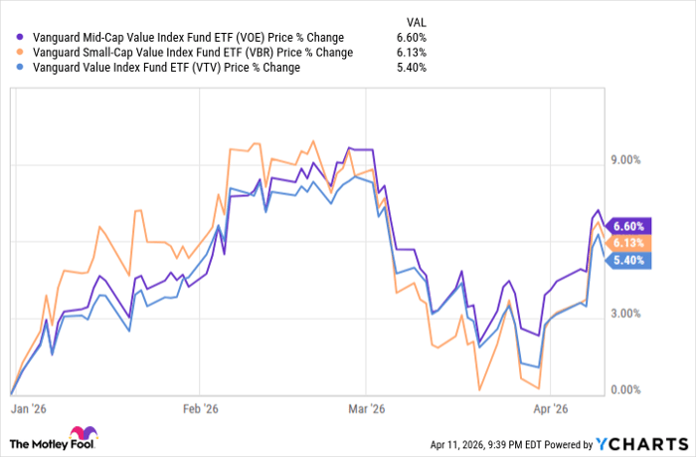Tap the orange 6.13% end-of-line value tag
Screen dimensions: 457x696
pyautogui.click(x=631, y=243)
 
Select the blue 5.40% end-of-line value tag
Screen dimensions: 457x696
pyautogui.click(x=631, y=261)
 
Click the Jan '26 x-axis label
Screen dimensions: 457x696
pyautogui.click(x=28, y=409)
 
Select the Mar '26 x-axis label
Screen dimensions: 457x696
pyautogui.click(x=367, y=409)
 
